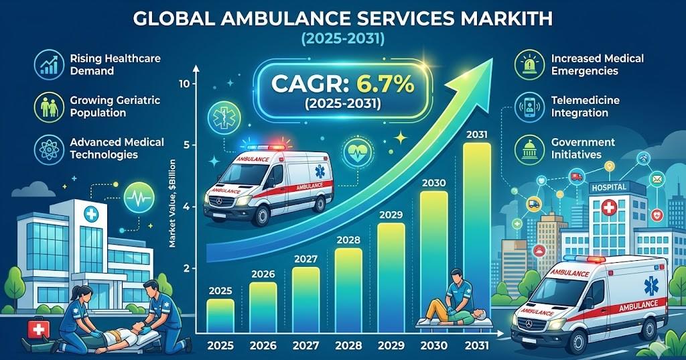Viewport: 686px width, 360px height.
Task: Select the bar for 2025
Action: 220,316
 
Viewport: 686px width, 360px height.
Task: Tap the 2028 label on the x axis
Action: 348,347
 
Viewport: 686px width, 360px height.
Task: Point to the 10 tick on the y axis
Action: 186,84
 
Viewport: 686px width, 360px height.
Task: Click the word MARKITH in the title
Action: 509,17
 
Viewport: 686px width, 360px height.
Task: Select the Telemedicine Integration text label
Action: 585,107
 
